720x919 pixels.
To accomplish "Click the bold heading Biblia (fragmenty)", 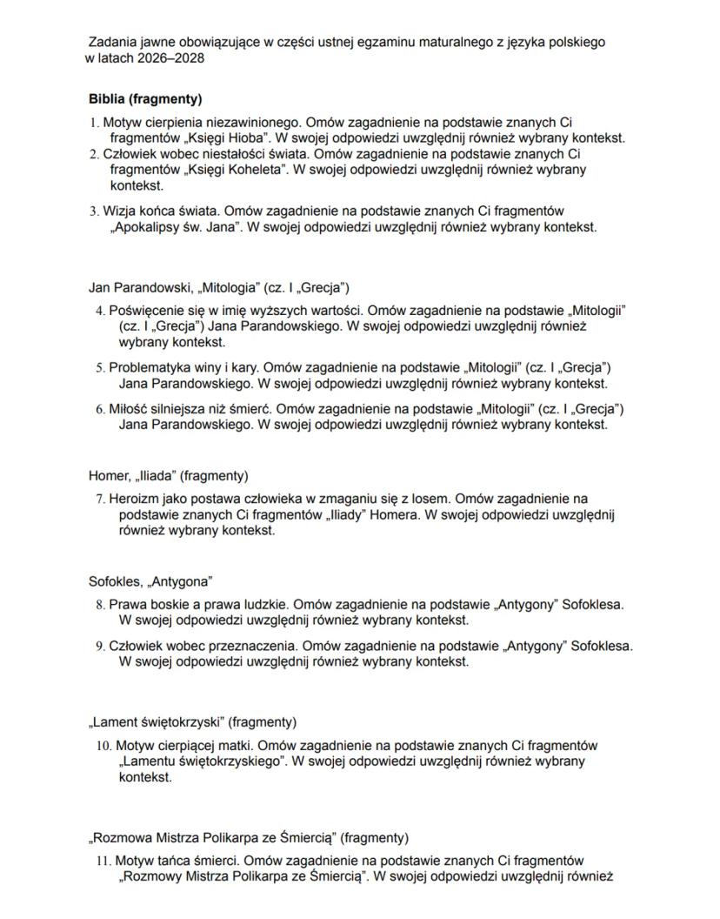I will click(x=145, y=99).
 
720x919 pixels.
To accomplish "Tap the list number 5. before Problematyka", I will click(x=100, y=367).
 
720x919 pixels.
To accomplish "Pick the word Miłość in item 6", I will click(x=128, y=409).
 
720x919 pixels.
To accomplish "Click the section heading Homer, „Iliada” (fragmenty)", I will click(x=168, y=476).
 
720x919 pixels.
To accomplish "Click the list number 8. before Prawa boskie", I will click(x=100, y=604).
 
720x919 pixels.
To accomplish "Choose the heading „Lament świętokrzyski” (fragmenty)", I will click(x=192, y=722).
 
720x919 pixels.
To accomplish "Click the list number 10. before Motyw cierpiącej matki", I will click(x=103, y=746).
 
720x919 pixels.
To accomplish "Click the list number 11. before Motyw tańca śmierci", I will click(x=103, y=861).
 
